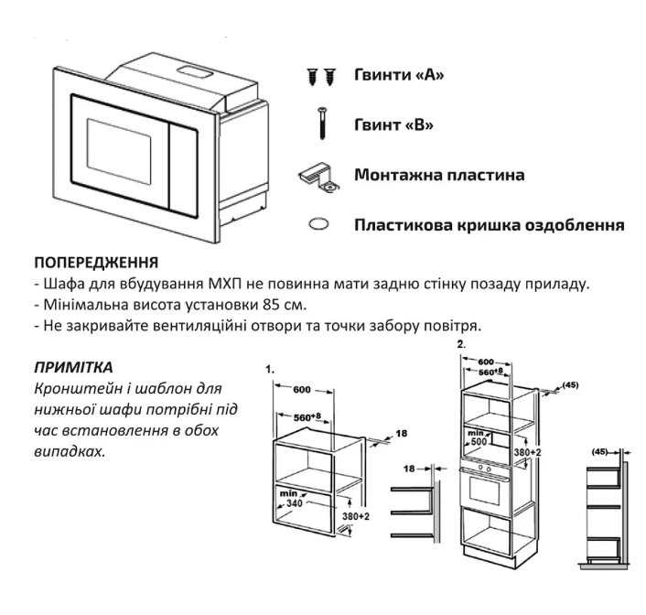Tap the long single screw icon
(x=323, y=123)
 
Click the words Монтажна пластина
(x=439, y=173)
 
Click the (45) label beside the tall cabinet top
(x=568, y=386)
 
